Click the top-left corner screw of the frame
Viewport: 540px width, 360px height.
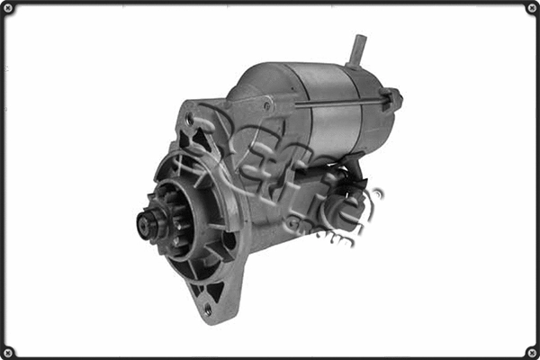click(x=9, y=9)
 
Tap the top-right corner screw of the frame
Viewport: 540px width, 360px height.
click(x=531, y=9)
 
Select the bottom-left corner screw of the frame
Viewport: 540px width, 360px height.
click(x=9, y=351)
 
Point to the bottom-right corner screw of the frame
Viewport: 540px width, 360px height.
click(x=531, y=351)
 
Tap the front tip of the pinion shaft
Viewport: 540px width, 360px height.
click(x=143, y=225)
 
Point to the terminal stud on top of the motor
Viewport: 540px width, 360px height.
click(x=358, y=49)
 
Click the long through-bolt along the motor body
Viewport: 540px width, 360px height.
click(x=333, y=103)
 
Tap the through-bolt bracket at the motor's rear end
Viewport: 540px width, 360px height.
click(x=391, y=99)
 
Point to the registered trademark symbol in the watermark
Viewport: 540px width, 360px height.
click(x=379, y=192)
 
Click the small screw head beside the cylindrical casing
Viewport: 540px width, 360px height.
click(x=267, y=105)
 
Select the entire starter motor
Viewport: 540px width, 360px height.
click(x=270, y=180)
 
